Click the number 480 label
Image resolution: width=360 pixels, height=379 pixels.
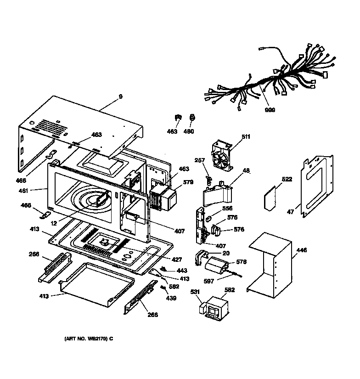[x=189, y=131]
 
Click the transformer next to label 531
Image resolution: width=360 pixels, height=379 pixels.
[x=214, y=309]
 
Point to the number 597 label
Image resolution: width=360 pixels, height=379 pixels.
[x=209, y=281]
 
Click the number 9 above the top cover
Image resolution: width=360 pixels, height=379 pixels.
[x=121, y=96]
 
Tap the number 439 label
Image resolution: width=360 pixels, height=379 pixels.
[x=171, y=298]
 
